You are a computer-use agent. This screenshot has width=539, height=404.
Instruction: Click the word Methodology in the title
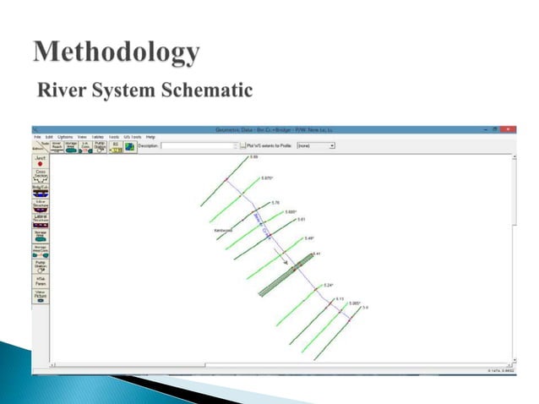(x=117, y=53)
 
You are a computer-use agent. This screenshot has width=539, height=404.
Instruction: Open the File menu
(x=37, y=136)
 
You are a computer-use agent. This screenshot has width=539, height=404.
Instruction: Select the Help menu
(x=150, y=136)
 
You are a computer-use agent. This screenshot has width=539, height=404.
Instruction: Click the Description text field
(x=199, y=145)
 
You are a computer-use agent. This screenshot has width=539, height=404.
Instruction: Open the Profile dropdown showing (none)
(x=315, y=145)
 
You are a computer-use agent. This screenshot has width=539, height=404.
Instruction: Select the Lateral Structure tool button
(x=41, y=220)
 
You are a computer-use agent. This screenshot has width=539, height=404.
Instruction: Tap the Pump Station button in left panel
(x=41, y=268)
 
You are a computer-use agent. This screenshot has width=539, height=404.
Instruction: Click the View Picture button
(x=41, y=298)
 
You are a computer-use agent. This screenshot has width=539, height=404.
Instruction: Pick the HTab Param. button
(x=41, y=282)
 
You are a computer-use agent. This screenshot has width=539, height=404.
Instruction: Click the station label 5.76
(x=275, y=203)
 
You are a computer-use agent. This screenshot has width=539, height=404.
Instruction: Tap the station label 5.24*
(x=329, y=286)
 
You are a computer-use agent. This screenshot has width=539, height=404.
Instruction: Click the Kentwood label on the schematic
(x=224, y=229)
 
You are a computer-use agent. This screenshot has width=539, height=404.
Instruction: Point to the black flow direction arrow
(x=286, y=262)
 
